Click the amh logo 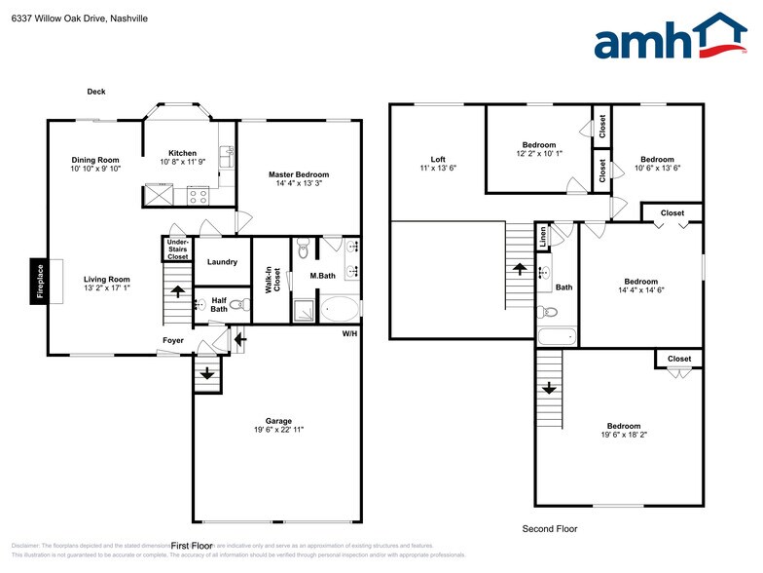pyautogui.click(x=671, y=38)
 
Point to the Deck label pyautogui.click(x=95, y=92)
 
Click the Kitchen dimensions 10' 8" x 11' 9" pyautogui.click(x=182, y=162)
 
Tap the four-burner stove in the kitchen pyautogui.click(x=199, y=194)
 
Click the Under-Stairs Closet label pyautogui.click(x=177, y=248)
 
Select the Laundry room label pyautogui.click(x=223, y=261)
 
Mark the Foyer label pyautogui.click(x=172, y=340)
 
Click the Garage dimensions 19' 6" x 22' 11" pyautogui.click(x=277, y=429)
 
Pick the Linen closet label pyautogui.click(x=543, y=235)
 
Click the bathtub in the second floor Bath pyautogui.click(x=556, y=338)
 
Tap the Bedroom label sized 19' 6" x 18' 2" pyautogui.click(x=624, y=426)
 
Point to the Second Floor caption pyautogui.click(x=550, y=528)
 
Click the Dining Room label pyautogui.click(x=95, y=160)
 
